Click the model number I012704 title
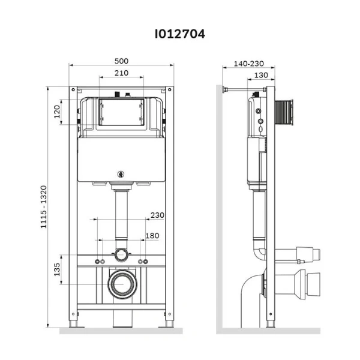pos(181,34)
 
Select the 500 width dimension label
pos(121,61)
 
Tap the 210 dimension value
pos(121,73)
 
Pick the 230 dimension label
pos(157,215)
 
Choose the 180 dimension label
pos(152,235)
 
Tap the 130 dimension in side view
pos(261,75)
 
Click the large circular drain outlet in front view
pos(122,283)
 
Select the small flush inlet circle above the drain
pos(122,254)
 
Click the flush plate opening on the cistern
pos(122,112)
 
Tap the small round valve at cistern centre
pos(122,175)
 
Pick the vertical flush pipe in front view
pos(122,216)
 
